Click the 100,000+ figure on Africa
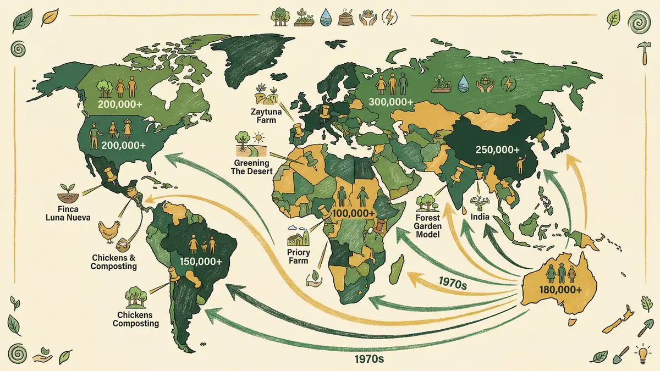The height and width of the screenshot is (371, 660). click(x=353, y=213)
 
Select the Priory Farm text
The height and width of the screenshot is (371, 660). click(x=298, y=257)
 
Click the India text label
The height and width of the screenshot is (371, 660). click(x=480, y=217)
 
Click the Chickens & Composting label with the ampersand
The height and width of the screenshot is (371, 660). click(x=114, y=262)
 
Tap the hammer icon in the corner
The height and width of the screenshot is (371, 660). click(x=641, y=53)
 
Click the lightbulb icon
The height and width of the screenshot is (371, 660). click(x=641, y=353)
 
